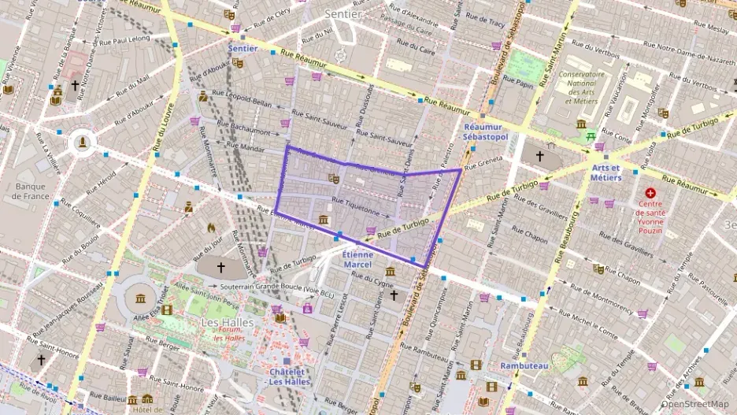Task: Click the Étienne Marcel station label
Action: point(357,259)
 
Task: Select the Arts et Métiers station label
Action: point(605,172)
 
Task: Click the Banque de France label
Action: point(32,191)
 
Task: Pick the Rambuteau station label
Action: point(524,365)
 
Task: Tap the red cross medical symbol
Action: point(650,192)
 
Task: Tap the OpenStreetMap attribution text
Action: point(695,405)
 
